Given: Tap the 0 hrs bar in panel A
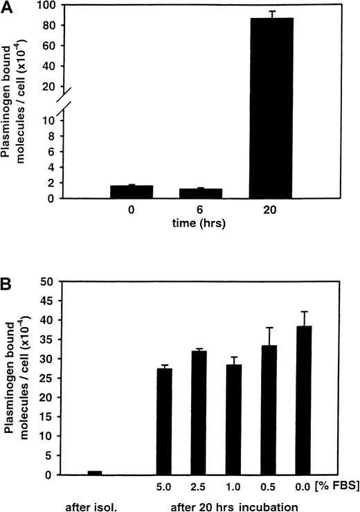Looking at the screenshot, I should tap(132, 192).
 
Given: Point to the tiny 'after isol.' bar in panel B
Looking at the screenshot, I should tap(95, 473).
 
